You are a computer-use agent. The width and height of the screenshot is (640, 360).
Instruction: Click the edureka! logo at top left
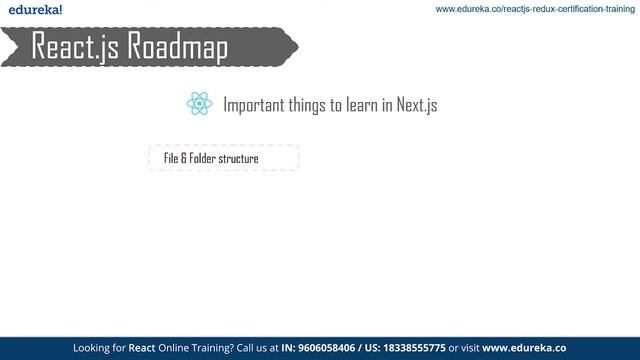coord(32,10)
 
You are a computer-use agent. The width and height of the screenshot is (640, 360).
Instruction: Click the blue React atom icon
coord(199,104)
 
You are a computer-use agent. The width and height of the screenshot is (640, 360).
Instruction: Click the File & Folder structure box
coord(224,158)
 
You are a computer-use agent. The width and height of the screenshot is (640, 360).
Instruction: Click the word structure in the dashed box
coord(240,158)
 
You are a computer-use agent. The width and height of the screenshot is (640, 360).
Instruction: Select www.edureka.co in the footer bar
coord(525,349)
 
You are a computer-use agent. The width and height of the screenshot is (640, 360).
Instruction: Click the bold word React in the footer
coord(141,349)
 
